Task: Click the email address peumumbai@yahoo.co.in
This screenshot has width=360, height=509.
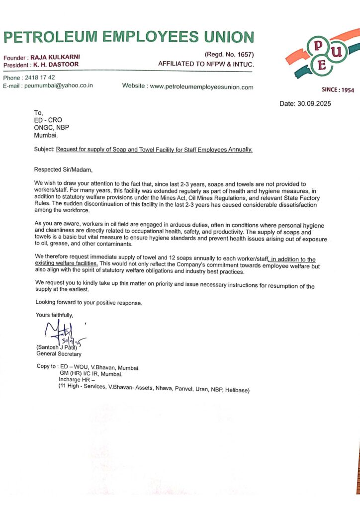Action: pos(59,85)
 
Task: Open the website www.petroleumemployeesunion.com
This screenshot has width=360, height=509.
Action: pos(201,87)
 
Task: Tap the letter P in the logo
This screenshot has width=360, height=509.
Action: pos(316,47)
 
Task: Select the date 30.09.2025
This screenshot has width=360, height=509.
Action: pos(312,104)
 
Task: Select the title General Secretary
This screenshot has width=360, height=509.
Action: pos(59,354)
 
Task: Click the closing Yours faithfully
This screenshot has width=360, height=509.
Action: pos(54,315)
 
